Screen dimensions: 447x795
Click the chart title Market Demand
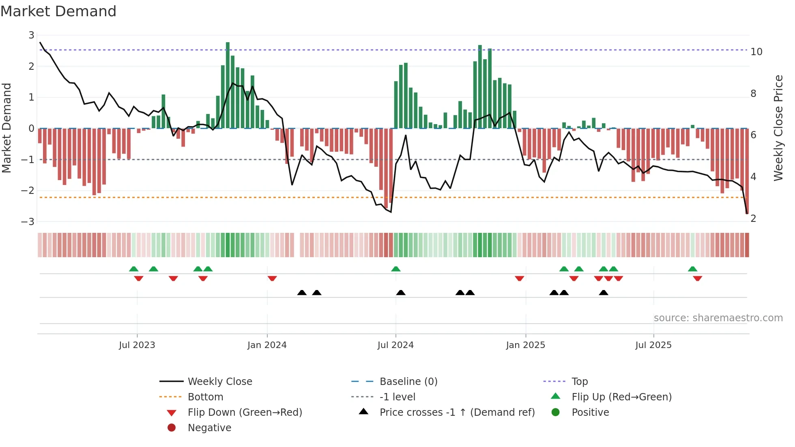(x=58, y=11)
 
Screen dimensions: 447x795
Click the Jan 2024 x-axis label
(x=267, y=345)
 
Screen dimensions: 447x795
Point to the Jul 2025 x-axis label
(x=653, y=345)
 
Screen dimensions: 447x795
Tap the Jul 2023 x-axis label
(x=137, y=345)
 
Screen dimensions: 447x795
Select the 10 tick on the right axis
(x=756, y=52)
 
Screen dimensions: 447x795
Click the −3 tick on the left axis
(x=28, y=222)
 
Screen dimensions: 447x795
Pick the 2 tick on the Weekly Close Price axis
(x=753, y=219)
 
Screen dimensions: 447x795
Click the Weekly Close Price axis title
(x=778, y=128)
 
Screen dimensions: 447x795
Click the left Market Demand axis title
(x=6, y=128)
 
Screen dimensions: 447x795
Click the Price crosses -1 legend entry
(x=457, y=413)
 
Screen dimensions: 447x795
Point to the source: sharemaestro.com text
(x=718, y=318)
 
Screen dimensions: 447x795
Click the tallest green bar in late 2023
(x=228, y=85)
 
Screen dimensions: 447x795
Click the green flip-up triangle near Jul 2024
(x=396, y=269)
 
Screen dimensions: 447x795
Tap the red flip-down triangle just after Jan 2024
(x=272, y=278)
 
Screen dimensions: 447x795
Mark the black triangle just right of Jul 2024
(x=401, y=292)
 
